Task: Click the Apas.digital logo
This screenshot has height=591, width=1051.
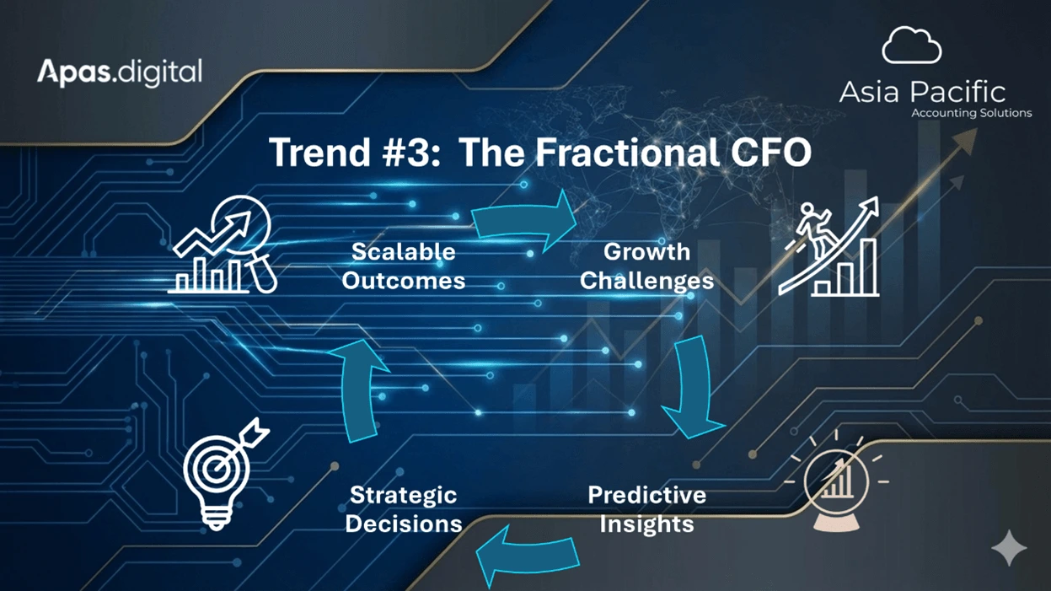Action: [x=120, y=73]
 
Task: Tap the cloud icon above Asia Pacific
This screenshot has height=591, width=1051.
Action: [x=912, y=46]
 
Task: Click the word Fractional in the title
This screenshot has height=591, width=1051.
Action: [x=628, y=152]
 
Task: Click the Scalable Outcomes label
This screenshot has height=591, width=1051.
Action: [x=404, y=266]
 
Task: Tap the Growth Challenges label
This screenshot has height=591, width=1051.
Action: [x=646, y=266]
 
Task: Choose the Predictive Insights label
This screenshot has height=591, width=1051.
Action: [x=647, y=509]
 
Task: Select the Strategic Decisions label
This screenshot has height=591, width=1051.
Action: [x=404, y=509]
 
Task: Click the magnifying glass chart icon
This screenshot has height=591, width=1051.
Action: [x=223, y=244]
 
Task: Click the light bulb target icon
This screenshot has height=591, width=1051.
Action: [x=221, y=475]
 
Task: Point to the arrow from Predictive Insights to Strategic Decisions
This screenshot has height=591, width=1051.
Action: [x=528, y=556]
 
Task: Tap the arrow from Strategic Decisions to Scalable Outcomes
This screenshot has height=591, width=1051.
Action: [x=359, y=390]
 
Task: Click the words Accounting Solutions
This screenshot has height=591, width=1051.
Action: [x=971, y=113]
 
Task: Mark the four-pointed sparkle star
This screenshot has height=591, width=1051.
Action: [x=1009, y=548]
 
